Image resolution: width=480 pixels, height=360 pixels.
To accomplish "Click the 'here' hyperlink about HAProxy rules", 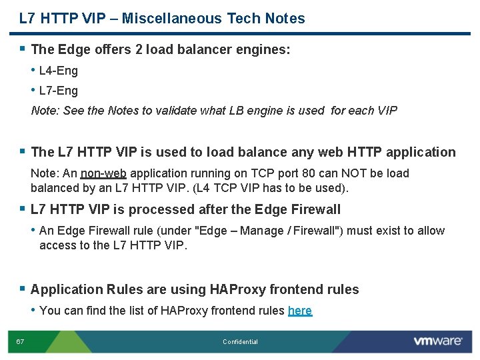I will tap(299, 311).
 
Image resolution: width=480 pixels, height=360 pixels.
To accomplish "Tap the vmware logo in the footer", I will tap(437, 341).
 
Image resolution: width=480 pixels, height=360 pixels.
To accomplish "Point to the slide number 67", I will tap(20, 342).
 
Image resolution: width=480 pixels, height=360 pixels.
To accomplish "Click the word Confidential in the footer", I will tap(240, 342).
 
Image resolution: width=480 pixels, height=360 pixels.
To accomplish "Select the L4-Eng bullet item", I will tap(59, 71).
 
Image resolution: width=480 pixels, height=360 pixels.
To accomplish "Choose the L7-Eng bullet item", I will tap(59, 91).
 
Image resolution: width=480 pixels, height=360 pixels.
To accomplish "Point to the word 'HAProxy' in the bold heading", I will tap(238, 289).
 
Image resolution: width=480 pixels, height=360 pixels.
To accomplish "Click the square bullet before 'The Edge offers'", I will tap(23, 49).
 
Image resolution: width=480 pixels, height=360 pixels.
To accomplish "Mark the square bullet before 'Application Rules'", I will tap(23, 289).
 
